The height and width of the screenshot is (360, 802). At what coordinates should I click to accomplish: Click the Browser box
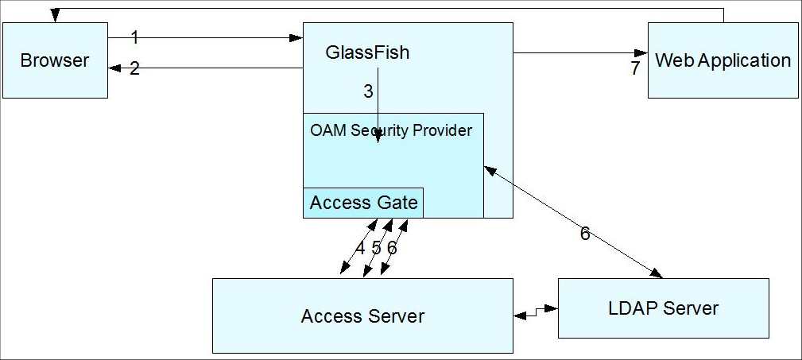pos(55,60)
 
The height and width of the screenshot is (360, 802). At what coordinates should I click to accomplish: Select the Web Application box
pos(723,60)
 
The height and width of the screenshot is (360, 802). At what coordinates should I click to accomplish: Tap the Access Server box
pos(362,316)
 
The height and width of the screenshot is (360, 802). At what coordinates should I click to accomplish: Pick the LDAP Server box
pos(664,308)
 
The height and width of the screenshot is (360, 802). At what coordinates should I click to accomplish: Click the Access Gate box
pos(363,203)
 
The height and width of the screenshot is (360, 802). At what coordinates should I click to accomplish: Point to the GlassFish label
pos(368,53)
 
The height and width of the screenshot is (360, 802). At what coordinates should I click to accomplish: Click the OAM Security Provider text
pos(391,130)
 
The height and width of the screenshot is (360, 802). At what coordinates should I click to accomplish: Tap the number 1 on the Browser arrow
pos(134,37)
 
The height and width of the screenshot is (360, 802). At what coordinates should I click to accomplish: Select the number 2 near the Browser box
pos(134,69)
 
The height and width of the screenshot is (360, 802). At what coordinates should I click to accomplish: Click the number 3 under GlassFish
pos(368,91)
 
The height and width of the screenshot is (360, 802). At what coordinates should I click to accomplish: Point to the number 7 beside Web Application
pos(635,69)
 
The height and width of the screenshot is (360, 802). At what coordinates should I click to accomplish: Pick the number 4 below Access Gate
pos(360,248)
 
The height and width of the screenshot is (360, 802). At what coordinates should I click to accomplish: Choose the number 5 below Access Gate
pos(376,248)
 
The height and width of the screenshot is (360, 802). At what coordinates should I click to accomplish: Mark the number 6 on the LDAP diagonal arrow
pos(585,234)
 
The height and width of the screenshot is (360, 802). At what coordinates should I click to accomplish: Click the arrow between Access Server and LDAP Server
pos(536,314)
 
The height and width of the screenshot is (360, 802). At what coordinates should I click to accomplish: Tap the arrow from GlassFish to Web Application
pos(580,53)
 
